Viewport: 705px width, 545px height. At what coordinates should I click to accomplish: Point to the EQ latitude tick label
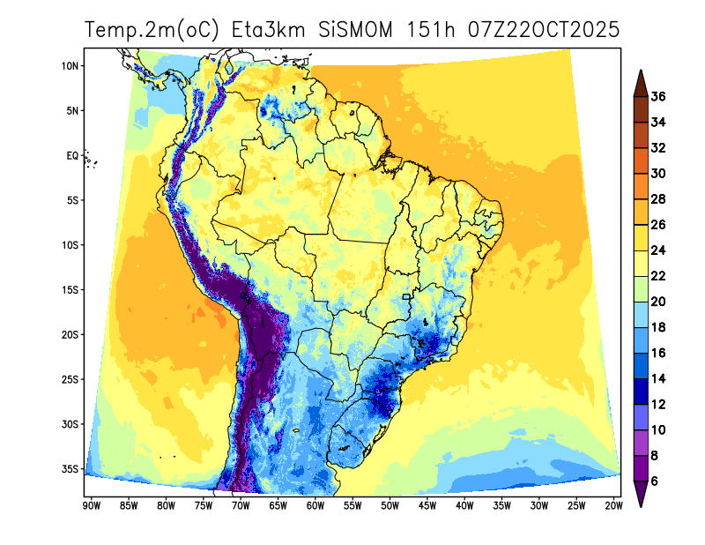pyautogui.click(x=71, y=155)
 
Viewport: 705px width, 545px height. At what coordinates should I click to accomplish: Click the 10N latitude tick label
pyautogui.click(x=70, y=65)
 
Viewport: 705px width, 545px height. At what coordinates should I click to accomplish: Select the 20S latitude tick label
pyautogui.click(x=70, y=334)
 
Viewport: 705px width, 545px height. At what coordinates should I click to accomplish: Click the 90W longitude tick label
pyautogui.click(x=89, y=506)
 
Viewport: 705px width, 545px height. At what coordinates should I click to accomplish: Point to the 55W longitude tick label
pyautogui.click(x=352, y=506)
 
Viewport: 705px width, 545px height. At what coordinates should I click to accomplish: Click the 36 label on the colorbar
pyautogui.click(x=658, y=97)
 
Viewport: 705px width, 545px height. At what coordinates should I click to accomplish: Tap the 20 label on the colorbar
pyautogui.click(x=658, y=302)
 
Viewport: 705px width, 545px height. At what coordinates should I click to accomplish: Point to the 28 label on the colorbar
pyautogui.click(x=658, y=199)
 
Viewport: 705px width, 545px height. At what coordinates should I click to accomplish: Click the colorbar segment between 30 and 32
pyautogui.click(x=641, y=161)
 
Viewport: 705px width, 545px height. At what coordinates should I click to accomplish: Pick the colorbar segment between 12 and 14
pyautogui.click(x=641, y=391)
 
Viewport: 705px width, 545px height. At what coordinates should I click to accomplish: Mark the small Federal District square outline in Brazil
pyautogui.click(x=406, y=297)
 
